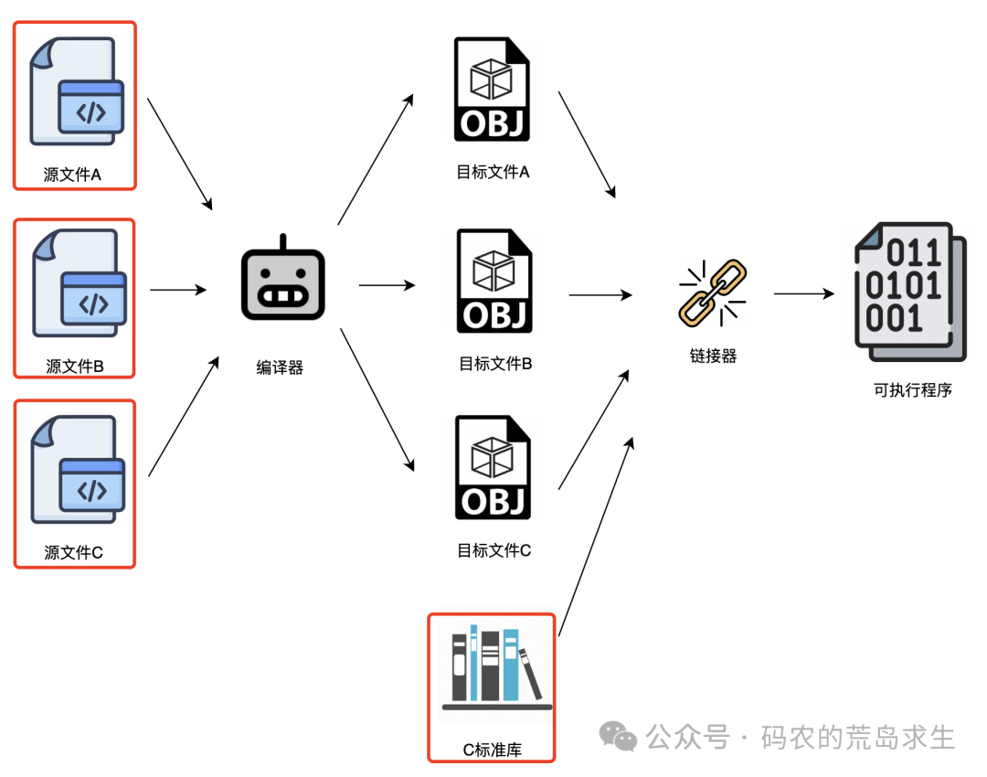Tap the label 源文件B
75,367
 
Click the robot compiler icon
282,282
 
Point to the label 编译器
280,368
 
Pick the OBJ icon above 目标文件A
493,89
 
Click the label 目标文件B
495,364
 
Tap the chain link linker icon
712,292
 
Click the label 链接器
713,357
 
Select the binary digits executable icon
908,292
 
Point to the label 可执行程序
912,390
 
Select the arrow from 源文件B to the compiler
178,291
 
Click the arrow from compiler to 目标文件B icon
387,285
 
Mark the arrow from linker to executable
804,293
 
